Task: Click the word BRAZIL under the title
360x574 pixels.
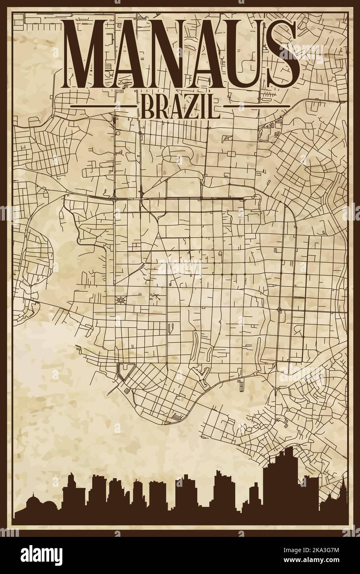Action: click(x=180, y=106)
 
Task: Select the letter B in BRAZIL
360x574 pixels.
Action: click(x=147, y=106)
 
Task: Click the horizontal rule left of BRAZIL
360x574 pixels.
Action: click(x=103, y=106)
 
